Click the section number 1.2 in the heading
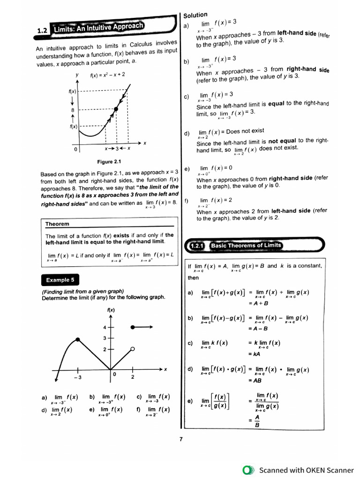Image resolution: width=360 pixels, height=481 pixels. pos(43,31)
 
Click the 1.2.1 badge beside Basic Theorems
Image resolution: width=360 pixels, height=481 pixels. pos(197,246)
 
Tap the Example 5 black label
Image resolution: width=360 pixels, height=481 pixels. pos(60,280)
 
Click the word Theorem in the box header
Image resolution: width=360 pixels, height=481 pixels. pos(57,224)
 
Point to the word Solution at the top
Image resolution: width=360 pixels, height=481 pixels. pos(195,15)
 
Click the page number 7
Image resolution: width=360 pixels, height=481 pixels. pos(180,439)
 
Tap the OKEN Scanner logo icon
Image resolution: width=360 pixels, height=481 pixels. pos(248,470)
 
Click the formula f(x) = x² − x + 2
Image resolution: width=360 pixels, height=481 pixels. pos(107,75)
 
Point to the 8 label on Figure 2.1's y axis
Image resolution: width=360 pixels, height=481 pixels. pos(73,109)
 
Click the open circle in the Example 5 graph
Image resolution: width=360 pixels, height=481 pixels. pos(133,349)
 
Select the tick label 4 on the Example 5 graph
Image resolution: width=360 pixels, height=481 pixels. pos(105,327)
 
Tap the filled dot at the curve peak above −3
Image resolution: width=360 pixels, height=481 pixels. pos(77,339)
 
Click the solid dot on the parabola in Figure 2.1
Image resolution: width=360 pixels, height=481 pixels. pos(116,109)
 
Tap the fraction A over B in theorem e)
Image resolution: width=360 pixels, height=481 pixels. pos(257,421)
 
